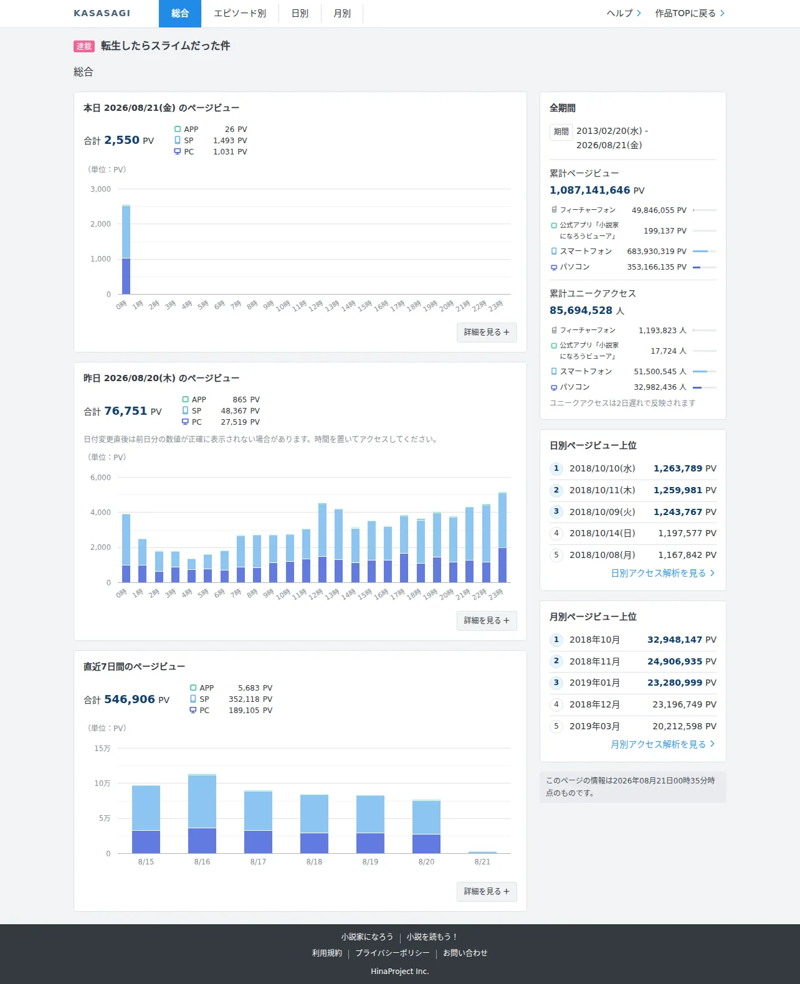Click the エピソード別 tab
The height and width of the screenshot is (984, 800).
tap(240, 14)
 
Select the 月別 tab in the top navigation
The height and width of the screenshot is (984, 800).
tap(342, 14)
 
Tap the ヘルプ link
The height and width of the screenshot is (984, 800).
tap(624, 14)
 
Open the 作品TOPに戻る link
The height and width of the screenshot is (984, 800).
tap(690, 14)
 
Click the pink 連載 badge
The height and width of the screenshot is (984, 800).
tap(83, 46)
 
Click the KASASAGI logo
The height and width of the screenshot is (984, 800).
tap(102, 14)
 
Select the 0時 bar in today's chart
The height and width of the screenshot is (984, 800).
tap(126, 250)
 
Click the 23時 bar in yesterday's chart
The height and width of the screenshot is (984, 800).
tap(502, 537)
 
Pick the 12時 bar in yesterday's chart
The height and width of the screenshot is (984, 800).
tap(323, 543)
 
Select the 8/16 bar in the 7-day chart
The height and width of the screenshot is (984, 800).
tap(202, 813)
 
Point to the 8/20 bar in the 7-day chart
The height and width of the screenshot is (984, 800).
tap(427, 826)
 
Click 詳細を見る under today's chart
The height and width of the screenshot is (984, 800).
tap(487, 333)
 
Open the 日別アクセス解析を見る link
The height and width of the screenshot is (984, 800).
tap(663, 574)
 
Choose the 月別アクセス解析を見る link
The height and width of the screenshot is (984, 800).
tap(663, 744)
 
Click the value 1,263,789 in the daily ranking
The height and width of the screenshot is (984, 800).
tap(677, 468)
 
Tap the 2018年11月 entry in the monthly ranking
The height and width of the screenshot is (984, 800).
tap(594, 661)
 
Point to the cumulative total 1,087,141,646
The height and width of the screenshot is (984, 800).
tap(589, 191)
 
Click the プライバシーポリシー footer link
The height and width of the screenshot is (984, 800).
tap(393, 953)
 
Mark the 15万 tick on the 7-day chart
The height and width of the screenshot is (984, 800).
tap(103, 749)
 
